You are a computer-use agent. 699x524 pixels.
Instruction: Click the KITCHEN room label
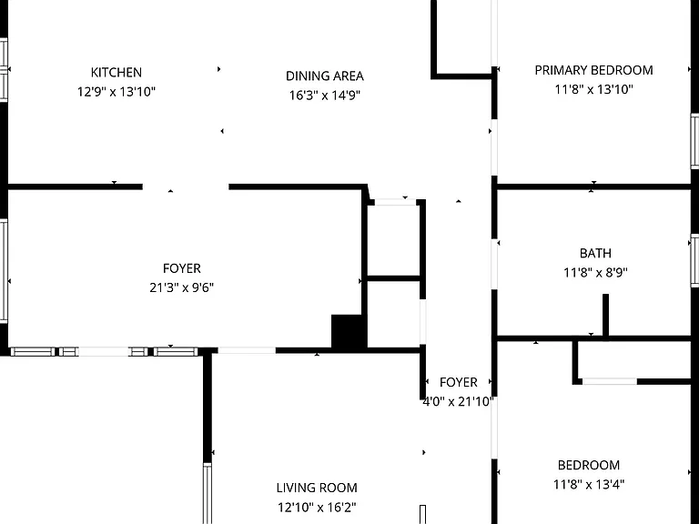click(x=116, y=72)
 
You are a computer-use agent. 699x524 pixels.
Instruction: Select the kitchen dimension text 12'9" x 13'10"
click(x=116, y=92)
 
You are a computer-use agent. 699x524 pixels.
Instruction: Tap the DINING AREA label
click(x=325, y=76)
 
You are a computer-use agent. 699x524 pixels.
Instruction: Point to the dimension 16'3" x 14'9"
click(x=325, y=96)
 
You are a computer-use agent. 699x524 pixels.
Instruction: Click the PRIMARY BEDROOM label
click(x=593, y=70)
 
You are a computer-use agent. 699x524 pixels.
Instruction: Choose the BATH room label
click(x=595, y=253)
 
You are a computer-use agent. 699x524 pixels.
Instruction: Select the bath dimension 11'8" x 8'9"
click(x=595, y=272)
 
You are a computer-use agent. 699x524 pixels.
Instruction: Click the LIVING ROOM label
click(x=317, y=488)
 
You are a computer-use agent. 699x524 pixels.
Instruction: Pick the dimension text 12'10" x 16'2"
click(x=317, y=507)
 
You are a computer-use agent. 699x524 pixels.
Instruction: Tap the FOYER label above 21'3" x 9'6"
click(x=182, y=268)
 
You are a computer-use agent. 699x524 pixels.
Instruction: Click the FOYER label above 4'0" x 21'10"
click(x=459, y=382)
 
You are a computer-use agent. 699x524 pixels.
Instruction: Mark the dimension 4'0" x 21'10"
click(x=459, y=401)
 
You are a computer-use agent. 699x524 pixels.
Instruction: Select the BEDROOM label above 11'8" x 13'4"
click(x=589, y=465)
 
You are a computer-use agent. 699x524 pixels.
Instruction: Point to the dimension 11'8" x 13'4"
click(x=589, y=484)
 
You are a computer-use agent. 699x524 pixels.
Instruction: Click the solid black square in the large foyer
click(x=349, y=331)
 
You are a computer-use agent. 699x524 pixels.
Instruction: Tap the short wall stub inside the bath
click(x=605, y=316)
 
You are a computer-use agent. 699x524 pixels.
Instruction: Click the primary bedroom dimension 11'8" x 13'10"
click(x=593, y=89)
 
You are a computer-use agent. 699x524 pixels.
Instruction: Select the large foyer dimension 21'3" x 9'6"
click(x=182, y=287)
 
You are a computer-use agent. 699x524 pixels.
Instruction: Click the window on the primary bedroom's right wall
click(x=694, y=141)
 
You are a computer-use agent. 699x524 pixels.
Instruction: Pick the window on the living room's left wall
click(x=208, y=494)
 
